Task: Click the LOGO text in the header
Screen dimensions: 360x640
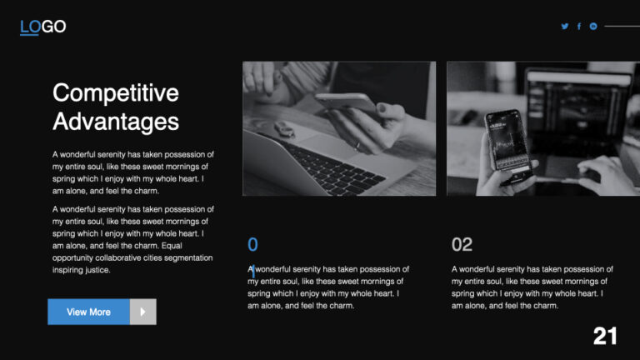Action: coord(42,27)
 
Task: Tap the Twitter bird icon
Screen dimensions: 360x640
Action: coord(565,27)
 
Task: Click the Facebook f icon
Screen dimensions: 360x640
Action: coord(579,27)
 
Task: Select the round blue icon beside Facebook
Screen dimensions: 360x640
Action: coord(593,27)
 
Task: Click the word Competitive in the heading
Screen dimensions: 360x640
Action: coord(115,92)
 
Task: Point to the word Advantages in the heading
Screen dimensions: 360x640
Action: coord(115,122)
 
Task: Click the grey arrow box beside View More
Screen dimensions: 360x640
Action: coord(142,312)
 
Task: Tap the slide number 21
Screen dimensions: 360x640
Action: coord(605,336)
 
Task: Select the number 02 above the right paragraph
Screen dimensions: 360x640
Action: coord(462,245)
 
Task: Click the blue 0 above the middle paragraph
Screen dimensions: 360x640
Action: coord(252,244)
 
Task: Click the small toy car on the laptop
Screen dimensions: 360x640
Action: coord(284,129)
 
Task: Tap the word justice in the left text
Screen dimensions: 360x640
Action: coord(93,270)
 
